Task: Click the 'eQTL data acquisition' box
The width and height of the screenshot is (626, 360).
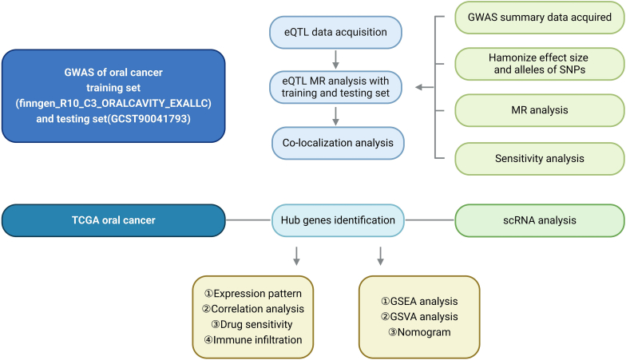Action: coord(335,32)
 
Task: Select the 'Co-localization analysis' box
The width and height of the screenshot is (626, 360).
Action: coord(338,143)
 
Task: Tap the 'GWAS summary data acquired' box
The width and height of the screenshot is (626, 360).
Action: coord(540,18)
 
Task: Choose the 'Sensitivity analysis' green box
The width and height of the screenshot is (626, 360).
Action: coord(540,158)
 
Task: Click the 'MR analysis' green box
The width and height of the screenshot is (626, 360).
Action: coord(540,110)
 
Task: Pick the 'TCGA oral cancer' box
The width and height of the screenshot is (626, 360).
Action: coord(113,220)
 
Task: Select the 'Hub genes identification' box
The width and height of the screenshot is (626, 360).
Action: coord(338,220)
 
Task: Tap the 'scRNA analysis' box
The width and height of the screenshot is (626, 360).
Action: coord(540,220)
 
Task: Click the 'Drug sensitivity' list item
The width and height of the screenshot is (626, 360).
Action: coord(252,324)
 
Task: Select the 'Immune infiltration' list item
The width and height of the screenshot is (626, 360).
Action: coord(253,340)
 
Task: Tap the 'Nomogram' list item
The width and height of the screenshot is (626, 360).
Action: coord(419,332)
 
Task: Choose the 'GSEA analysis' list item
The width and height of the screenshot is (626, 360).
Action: coord(419,302)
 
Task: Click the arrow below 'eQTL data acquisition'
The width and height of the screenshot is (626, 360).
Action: coord(335,59)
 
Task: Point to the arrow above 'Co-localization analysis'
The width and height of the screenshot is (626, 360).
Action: coord(335,117)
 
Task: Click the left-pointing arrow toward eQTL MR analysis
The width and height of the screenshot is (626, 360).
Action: coord(425,87)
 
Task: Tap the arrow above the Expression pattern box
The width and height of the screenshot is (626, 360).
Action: coord(296,256)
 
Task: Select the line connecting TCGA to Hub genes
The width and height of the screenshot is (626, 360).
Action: coord(248,220)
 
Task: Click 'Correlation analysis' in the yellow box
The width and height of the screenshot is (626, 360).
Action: coord(253,309)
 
